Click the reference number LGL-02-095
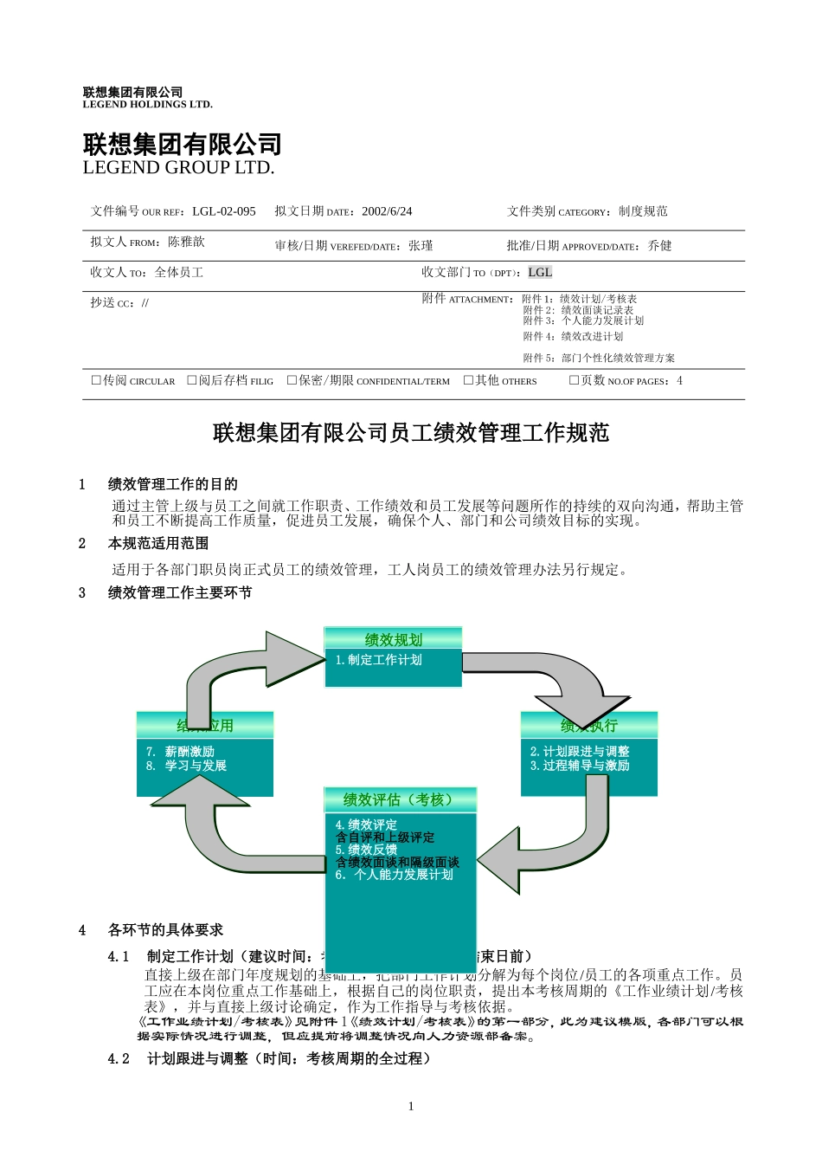click(x=223, y=211)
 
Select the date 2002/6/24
click(x=387, y=211)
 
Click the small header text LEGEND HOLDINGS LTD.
click(x=147, y=105)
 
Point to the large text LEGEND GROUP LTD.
click(x=178, y=167)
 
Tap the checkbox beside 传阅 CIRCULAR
click(x=96, y=380)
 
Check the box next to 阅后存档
click(x=192, y=380)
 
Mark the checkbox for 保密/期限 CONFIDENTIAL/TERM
click(x=292, y=380)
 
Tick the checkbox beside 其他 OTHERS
click(x=468, y=380)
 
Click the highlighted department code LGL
click(x=540, y=272)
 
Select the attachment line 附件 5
click(x=599, y=358)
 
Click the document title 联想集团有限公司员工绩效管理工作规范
click(x=411, y=432)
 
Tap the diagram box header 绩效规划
click(x=393, y=639)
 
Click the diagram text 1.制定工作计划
click(x=379, y=660)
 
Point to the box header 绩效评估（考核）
click(x=400, y=799)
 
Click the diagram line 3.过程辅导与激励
click(x=580, y=766)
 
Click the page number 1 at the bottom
click(x=411, y=1106)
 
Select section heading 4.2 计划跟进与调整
click(x=269, y=1058)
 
